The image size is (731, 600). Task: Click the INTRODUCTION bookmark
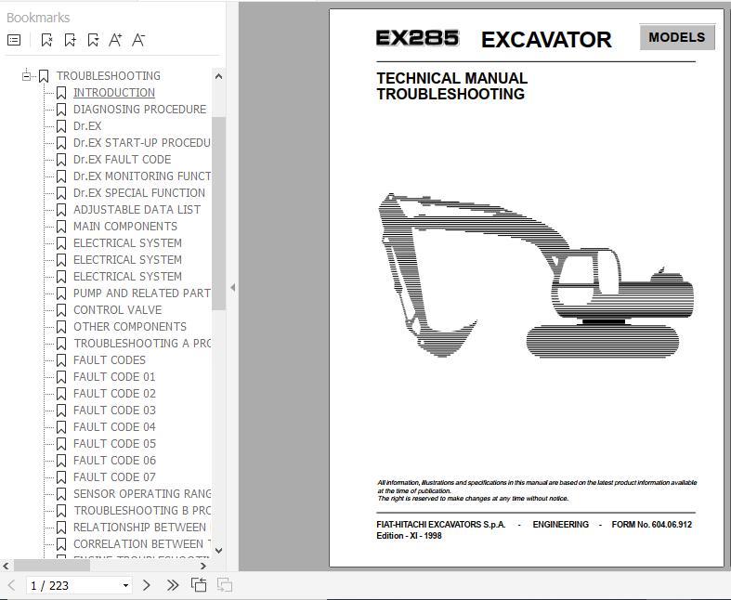[113, 93]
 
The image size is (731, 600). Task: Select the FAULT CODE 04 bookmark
[114, 427]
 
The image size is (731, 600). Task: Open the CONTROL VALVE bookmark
[117, 310]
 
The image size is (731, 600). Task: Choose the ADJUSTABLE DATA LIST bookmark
[137, 210]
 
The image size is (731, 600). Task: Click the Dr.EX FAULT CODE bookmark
[122, 160]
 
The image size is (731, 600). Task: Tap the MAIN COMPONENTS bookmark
[124, 227]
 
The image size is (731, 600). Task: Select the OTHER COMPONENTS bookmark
[129, 327]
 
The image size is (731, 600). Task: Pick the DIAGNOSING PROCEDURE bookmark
[139, 110]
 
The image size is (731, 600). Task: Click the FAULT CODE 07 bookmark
[114, 477]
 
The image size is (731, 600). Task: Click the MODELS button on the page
[676, 38]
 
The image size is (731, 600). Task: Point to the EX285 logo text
[417, 39]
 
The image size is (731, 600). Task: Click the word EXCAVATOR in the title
[546, 40]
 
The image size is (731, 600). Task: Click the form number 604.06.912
[664, 525]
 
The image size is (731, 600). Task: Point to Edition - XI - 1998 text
[410, 536]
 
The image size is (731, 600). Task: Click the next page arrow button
[147, 585]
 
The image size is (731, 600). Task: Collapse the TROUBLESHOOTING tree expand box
[28, 76]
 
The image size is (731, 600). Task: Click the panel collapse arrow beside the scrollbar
[232, 288]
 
